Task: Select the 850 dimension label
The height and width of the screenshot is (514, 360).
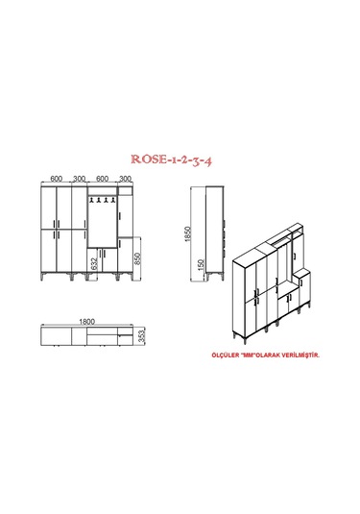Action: click(x=138, y=258)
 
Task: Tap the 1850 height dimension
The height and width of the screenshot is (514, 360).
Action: click(x=203, y=232)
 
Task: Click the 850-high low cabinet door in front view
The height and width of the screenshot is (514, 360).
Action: click(x=125, y=257)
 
